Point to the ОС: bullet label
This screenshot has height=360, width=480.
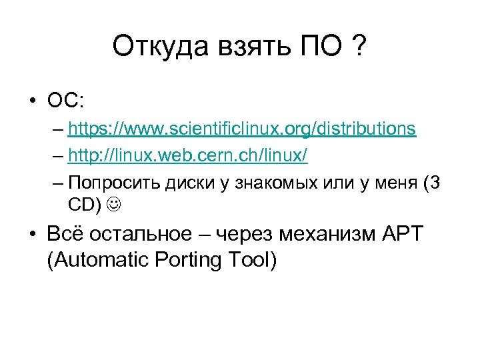(65, 101)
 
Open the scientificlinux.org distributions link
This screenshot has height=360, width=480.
(242, 129)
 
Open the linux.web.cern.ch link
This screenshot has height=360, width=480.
(187, 156)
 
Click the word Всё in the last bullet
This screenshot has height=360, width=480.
(65, 234)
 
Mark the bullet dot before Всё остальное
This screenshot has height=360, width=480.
(31, 235)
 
